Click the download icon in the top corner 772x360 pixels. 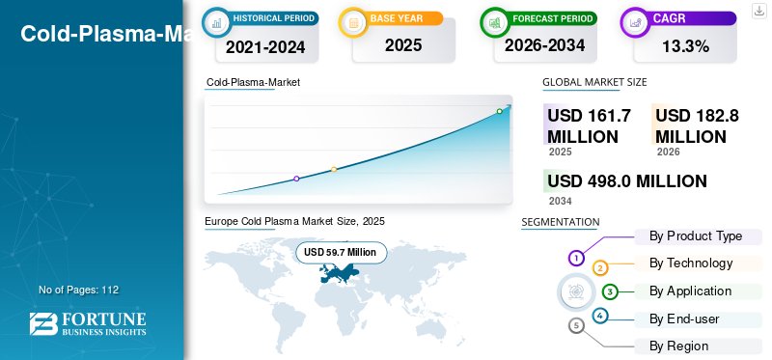pyautogui.click(x=758, y=10)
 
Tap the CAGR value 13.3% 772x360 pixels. pyautogui.click(x=685, y=45)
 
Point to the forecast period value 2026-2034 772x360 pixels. pyautogui.click(x=545, y=45)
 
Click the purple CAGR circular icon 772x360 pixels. pyautogui.click(x=636, y=22)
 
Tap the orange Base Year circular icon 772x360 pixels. pyautogui.click(x=354, y=22)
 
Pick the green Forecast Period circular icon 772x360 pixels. pyautogui.click(x=496, y=22)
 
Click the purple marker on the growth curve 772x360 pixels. pyautogui.click(x=296, y=179)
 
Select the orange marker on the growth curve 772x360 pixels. pyautogui.click(x=334, y=170)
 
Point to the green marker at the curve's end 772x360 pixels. pyautogui.click(x=499, y=111)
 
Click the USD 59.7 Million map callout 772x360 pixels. pyautogui.click(x=341, y=252)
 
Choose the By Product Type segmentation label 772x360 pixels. pyautogui.click(x=696, y=236)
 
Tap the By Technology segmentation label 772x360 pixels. pyautogui.click(x=691, y=263)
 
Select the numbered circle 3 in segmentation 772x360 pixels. pyautogui.click(x=610, y=291)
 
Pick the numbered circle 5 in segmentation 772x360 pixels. pyautogui.click(x=577, y=325)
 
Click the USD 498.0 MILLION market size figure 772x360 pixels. pyautogui.click(x=627, y=181)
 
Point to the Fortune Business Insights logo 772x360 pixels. pyautogui.click(x=88, y=323)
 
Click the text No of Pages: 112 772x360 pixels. pyautogui.click(x=78, y=290)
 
